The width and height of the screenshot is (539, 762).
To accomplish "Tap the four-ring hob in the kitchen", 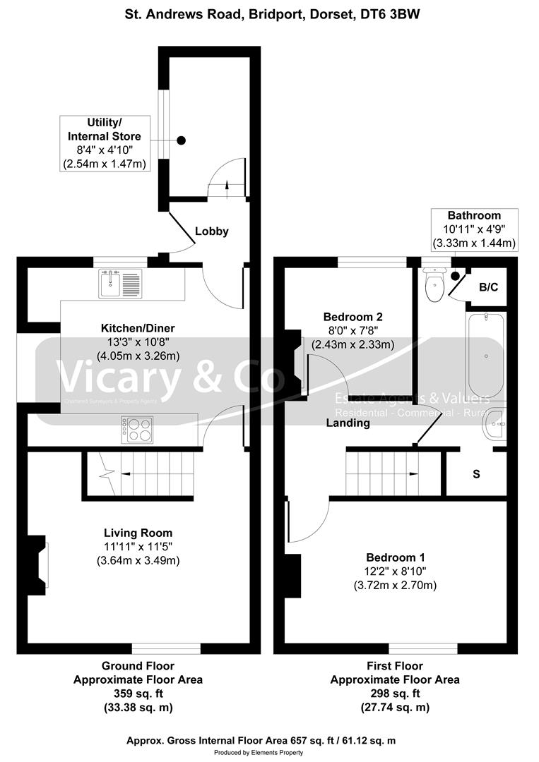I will [138, 430].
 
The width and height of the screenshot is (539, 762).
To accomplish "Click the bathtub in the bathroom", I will [485, 356].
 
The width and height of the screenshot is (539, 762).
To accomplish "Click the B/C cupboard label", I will [489, 287].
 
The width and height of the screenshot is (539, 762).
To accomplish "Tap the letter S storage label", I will [476, 474].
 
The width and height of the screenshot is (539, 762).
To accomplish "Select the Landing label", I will [348, 423].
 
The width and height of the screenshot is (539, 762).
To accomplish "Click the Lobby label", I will [212, 231].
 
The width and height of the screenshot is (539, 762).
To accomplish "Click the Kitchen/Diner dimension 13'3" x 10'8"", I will [138, 342].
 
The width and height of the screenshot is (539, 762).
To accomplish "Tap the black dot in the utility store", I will [182, 140].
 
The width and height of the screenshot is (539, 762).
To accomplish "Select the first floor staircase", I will [382, 475].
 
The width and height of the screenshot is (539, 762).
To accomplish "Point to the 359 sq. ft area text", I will [138, 694].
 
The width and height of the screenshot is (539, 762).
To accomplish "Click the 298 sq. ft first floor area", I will [395, 694].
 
